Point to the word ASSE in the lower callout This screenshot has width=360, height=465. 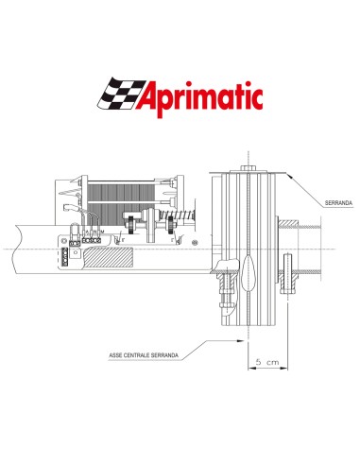134,353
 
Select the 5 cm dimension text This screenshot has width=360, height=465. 266,360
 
